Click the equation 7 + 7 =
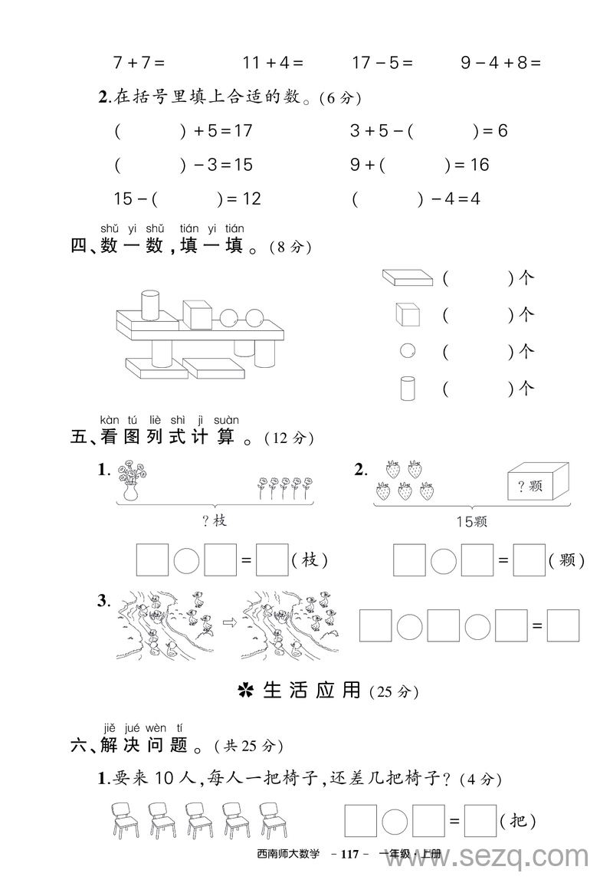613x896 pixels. point(139,63)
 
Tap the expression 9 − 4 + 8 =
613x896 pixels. point(500,63)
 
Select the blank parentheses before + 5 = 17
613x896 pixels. point(150,131)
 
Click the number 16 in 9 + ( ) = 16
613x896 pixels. point(479,165)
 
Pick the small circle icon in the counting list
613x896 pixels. point(408,351)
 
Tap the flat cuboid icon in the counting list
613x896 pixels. point(407,277)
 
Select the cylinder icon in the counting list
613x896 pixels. point(408,388)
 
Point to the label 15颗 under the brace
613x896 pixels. point(471,522)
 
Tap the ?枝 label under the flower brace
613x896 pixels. point(215,521)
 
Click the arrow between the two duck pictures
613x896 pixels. point(228,622)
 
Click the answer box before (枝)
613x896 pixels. point(271,560)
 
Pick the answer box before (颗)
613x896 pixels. point(529,560)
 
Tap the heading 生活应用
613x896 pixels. point(311,690)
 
